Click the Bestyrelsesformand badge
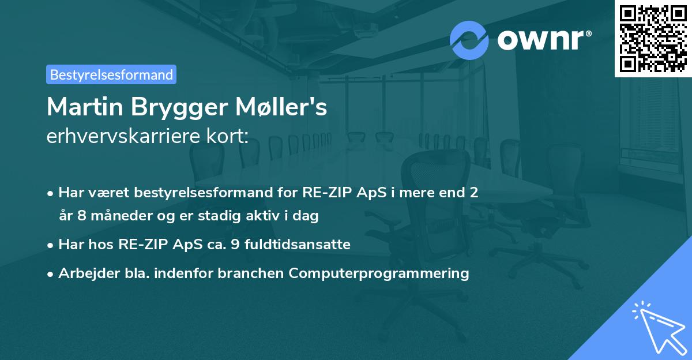111,74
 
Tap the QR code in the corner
653,39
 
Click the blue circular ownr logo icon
469,40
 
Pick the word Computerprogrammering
379,273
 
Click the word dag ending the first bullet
307,216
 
